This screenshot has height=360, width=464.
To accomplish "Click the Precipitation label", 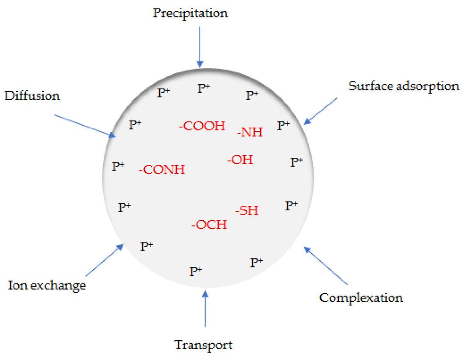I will [x=190, y=14].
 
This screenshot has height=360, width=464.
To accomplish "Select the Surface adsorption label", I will [x=404, y=86].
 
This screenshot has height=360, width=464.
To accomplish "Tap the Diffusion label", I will [x=32, y=96].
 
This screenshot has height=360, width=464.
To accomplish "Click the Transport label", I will [x=204, y=344].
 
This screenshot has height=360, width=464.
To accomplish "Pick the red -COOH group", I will [x=202, y=126].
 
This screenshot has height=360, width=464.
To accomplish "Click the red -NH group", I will [x=250, y=133].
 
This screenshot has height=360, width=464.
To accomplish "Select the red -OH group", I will [x=240, y=159].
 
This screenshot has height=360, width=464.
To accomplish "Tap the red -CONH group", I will [x=162, y=169].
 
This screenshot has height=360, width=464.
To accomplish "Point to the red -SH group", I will [x=247, y=211].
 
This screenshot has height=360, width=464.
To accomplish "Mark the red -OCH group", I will [x=209, y=224].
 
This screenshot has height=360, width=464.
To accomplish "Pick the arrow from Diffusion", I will [x=85, y=126].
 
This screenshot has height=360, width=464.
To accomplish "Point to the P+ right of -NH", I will [x=284, y=125].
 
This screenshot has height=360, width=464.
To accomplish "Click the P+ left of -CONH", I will [x=118, y=167].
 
